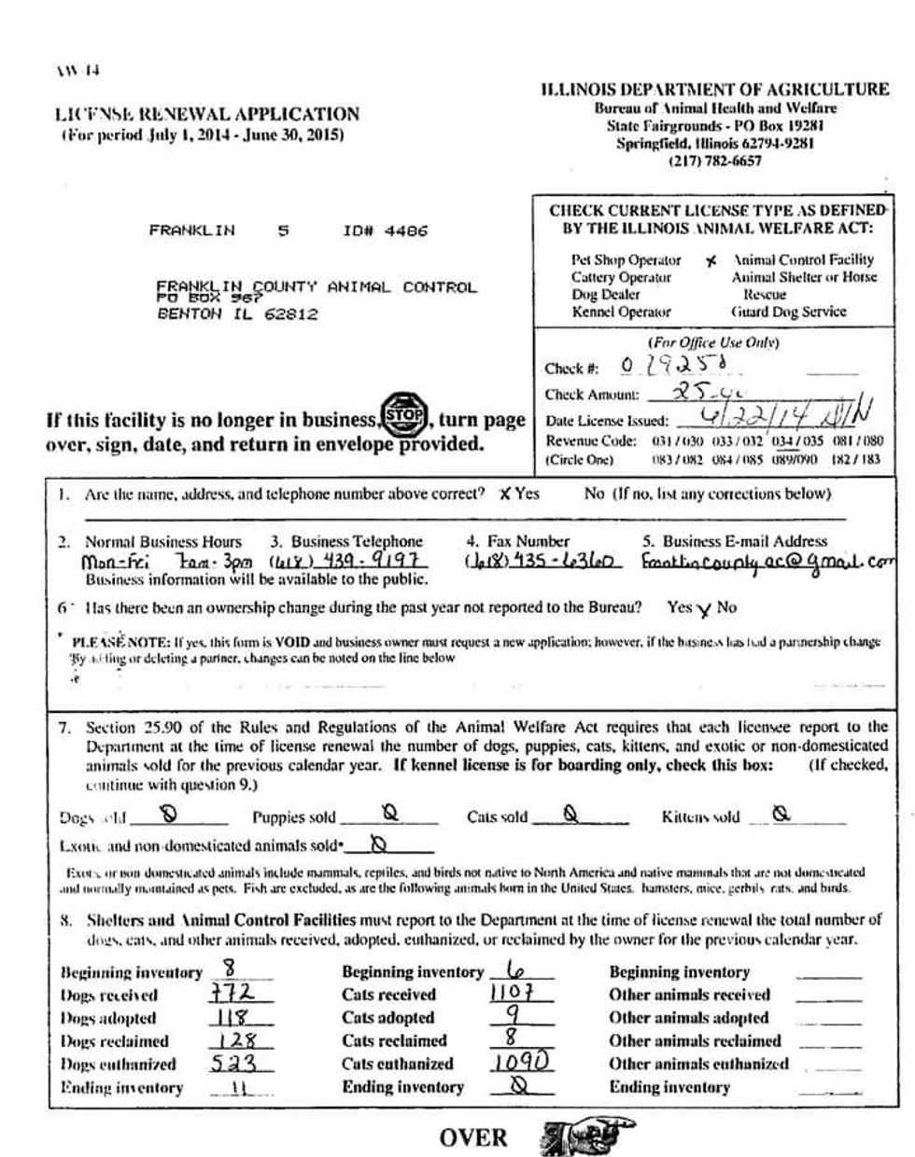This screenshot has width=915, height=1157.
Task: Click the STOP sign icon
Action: (x=404, y=411)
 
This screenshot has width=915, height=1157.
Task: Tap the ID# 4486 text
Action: (x=386, y=230)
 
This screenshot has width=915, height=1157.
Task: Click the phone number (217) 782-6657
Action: (x=715, y=160)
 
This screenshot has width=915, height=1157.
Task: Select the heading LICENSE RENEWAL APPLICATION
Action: (x=206, y=115)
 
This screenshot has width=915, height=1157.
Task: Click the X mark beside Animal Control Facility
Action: (x=711, y=261)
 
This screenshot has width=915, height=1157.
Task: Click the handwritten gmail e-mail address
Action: (x=767, y=563)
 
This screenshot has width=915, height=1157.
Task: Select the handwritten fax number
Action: (x=539, y=563)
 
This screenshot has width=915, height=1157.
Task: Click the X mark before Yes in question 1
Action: (x=505, y=494)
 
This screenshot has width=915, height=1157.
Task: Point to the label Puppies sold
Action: (x=293, y=818)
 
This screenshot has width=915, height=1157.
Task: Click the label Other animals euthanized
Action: (x=698, y=1064)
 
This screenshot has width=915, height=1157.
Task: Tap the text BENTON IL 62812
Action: (x=237, y=314)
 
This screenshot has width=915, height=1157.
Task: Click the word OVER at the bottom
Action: (x=473, y=1137)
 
